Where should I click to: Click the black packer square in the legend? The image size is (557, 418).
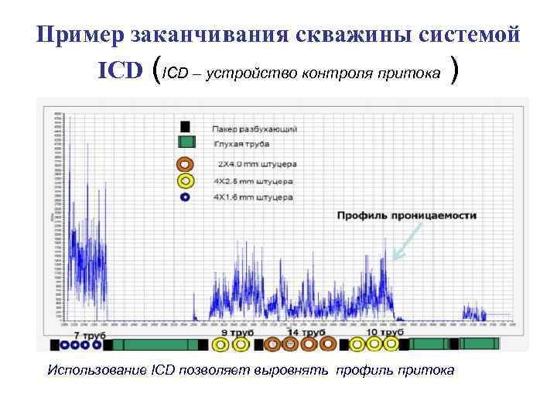pyautogui.click(x=185, y=127)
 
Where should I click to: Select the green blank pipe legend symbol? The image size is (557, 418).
pyautogui.click(x=186, y=142)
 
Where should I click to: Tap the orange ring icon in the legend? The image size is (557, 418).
pyautogui.click(x=185, y=164)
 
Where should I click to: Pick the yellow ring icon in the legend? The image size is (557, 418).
pyautogui.click(x=185, y=181)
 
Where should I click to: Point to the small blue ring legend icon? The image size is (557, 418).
pyautogui.click(x=185, y=197)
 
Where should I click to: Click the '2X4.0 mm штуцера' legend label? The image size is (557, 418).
pyautogui.click(x=256, y=164)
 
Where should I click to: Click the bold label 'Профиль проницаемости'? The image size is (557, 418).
pyautogui.click(x=406, y=214)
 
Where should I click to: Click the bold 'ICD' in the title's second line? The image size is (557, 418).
pyautogui.click(x=120, y=71)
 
